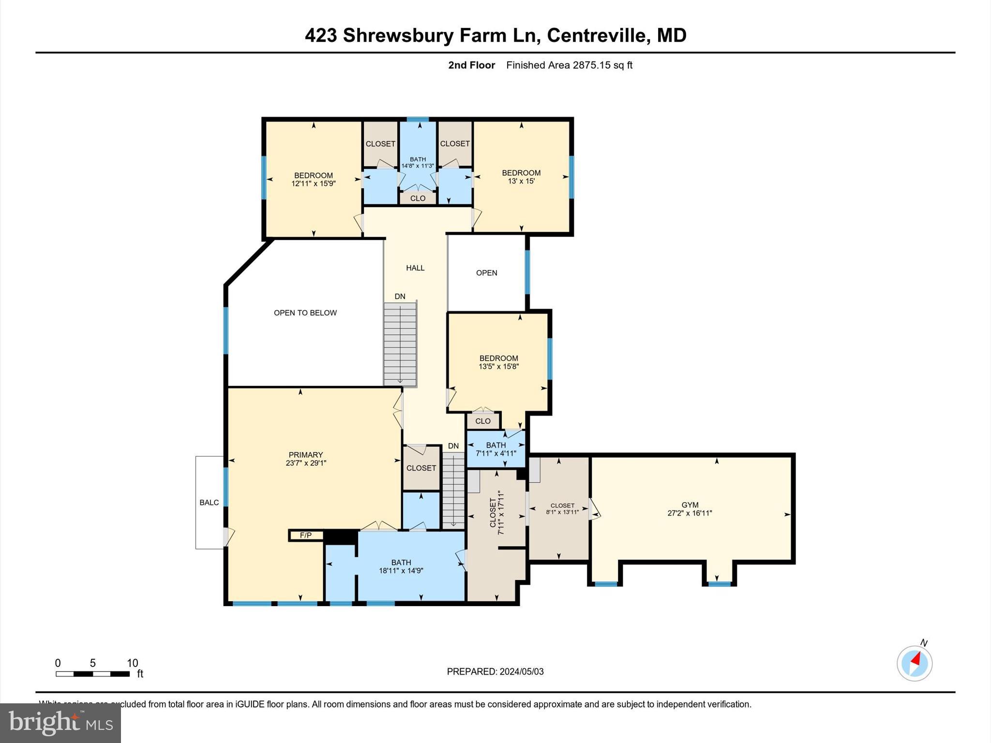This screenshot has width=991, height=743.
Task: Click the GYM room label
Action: (690, 505)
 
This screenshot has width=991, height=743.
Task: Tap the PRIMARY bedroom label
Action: (305, 455)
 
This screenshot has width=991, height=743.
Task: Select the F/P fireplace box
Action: (306, 535)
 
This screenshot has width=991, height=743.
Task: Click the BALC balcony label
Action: (209, 503)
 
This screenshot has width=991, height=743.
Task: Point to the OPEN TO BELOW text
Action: (305, 313)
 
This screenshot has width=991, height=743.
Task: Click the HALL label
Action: (415, 268)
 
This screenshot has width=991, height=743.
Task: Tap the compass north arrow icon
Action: (914, 663)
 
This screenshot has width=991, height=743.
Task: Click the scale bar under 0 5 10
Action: (92, 674)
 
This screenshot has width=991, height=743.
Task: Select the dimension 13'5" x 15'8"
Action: (498, 367)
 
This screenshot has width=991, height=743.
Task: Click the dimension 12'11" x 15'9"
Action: (313, 184)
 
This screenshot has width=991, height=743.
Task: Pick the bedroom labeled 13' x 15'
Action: (521, 177)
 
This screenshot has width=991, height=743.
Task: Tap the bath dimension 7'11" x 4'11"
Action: (496, 453)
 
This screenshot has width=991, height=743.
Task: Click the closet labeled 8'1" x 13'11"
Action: (562, 509)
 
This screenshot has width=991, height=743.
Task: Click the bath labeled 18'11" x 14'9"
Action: (401, 567)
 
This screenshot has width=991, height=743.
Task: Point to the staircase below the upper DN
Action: (400, 343)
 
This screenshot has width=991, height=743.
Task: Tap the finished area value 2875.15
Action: (591, 65)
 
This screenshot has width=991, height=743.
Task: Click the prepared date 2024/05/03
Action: (522, 671)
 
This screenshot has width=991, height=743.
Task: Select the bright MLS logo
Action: (60, 723)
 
